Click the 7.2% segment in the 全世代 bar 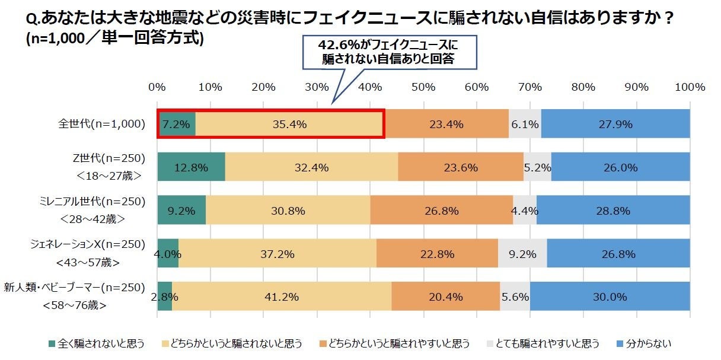pyautogui.click(x=177, y=124)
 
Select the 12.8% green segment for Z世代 pyautogui.click(x=191, y=167)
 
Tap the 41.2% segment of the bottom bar pyautogui.click(x=282, y=297)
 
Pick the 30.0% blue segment pyautogui.click(x=610, y=297)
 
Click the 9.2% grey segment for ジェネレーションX pyautogui.click(x=522, y=254)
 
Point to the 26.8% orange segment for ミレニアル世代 pyautogui.click(x=442, y=211)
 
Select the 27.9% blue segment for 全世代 pyautogui.click(x=615, y=124)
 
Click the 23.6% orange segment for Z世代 pyautogui.click(x=461, y=167)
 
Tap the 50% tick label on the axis pyautogui.click(x=423, y=87)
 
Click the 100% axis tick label pyautogui.click(x=690, y=87)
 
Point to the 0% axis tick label pyautogui.click(x=157, y=87)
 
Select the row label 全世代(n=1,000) pyautogui.click(x=101, y=124)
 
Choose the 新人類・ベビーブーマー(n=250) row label pyautogui.click(x=75, y=288)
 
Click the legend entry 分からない pyautogui.click(x=646, y=343)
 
